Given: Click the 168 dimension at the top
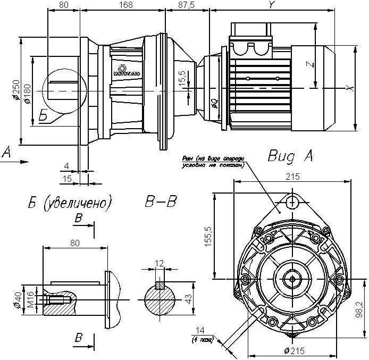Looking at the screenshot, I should coord(125,5).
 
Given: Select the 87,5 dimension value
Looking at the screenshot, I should coord(187,5).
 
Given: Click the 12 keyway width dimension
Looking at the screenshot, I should coord(160,264).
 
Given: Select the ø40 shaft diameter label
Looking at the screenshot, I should coord(18,302).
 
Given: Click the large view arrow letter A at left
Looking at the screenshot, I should coord(6,153).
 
